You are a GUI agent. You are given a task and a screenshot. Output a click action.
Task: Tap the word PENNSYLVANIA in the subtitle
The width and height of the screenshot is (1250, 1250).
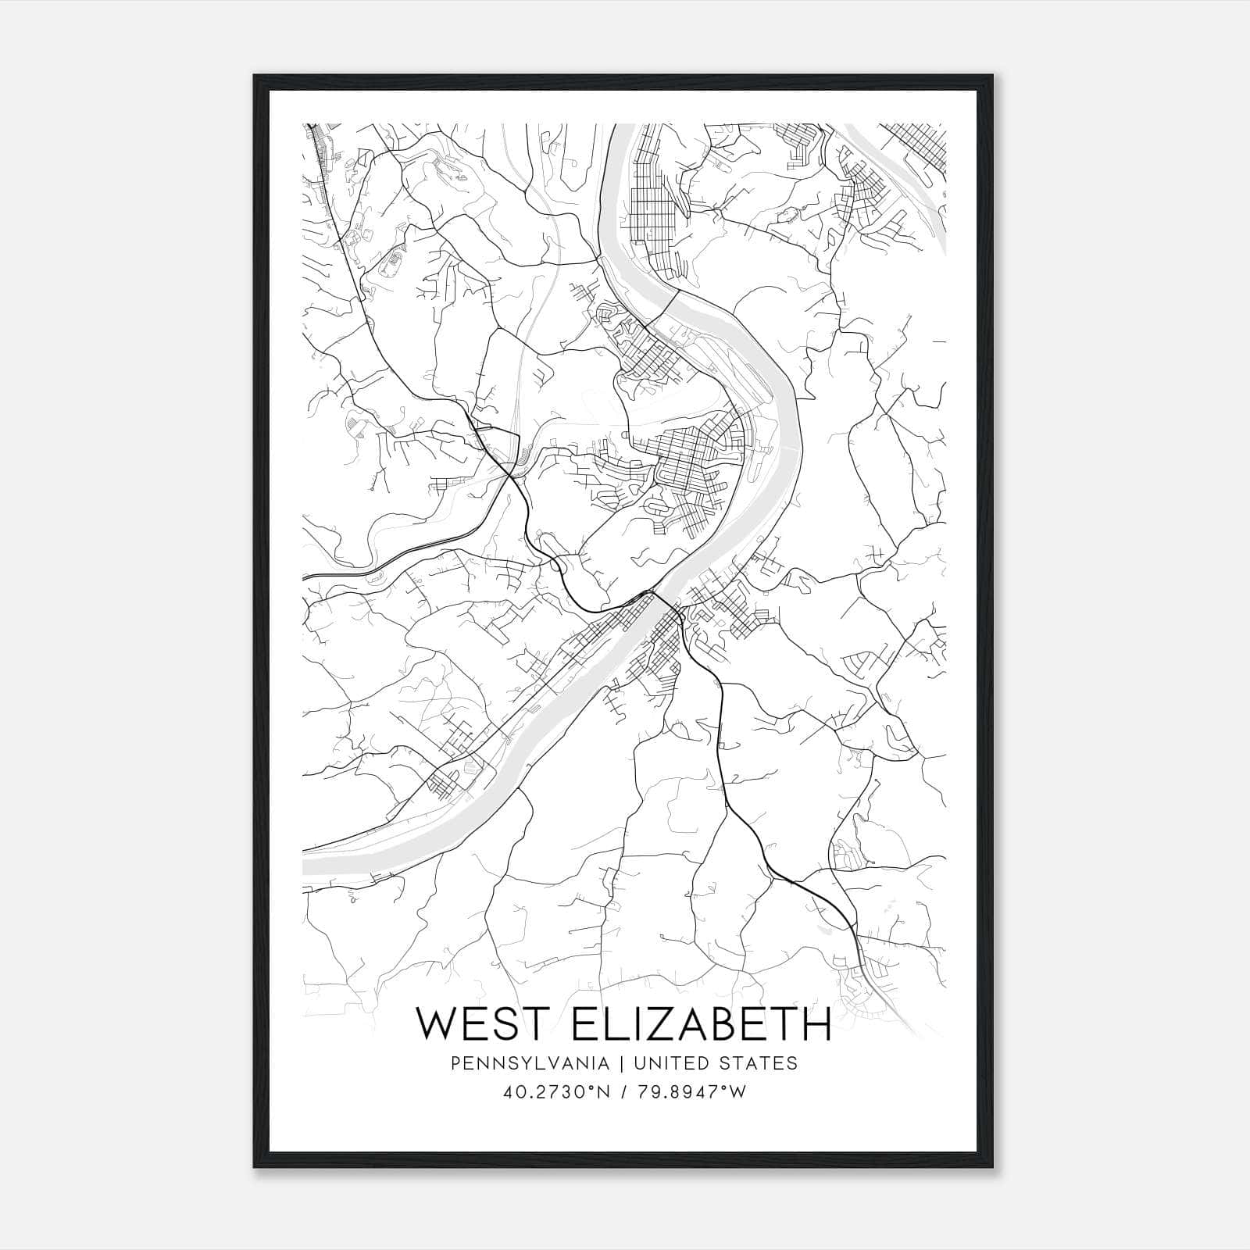point(518,1063)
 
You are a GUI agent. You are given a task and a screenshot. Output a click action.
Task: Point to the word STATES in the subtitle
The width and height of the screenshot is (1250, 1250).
point(760,1063)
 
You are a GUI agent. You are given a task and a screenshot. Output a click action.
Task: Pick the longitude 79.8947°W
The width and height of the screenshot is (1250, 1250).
point(693,1092)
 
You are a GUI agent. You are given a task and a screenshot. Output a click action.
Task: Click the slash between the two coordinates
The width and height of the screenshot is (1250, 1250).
point(624,1092)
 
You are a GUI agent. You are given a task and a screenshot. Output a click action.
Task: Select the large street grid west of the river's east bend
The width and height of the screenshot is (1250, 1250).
point(687,469)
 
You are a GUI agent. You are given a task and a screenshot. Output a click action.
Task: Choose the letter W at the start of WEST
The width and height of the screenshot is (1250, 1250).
point(433,1023)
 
